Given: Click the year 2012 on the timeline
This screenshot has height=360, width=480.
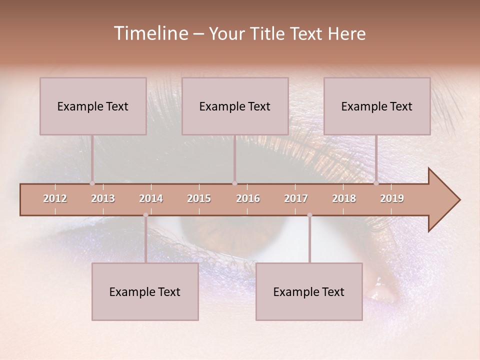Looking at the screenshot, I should (x=55, y=198).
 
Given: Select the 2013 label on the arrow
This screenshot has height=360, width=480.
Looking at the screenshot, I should (x=103, y=198).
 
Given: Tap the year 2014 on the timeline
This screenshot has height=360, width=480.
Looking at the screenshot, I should (x=151, y=198).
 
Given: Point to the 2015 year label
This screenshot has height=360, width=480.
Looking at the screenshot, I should (x=199, y=198).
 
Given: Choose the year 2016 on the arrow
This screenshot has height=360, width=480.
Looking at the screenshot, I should (x=248, y=198).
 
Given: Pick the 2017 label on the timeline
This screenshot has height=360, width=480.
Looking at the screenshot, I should (x=296, y=198).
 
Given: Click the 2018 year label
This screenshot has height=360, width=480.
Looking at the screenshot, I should (x=344, y=198).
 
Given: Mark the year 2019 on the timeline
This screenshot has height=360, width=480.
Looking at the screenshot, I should (x=392, y=198).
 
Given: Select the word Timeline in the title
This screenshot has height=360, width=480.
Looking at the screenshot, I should (x=150, y=33).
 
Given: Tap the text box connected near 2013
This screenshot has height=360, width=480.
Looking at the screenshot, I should (x=93, y=106).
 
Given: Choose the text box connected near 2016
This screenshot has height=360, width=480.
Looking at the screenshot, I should (x=235, y=106).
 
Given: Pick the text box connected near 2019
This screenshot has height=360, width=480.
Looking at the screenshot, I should (x=377, y=106).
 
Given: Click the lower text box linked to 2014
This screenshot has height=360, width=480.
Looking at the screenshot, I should (x=145, y=291).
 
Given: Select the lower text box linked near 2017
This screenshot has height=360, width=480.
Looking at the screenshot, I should (x=309, y=291).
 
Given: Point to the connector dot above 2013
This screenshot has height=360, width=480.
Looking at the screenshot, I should (x=92, y=183).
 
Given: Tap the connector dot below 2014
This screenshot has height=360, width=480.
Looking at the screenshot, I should (x=145, y=215).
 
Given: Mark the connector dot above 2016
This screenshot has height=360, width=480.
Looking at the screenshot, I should (x=234, y=183).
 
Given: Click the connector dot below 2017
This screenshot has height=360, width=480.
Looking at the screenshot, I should (x=309, y=215).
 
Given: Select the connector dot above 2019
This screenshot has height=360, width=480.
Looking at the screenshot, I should (x=376, y=183).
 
